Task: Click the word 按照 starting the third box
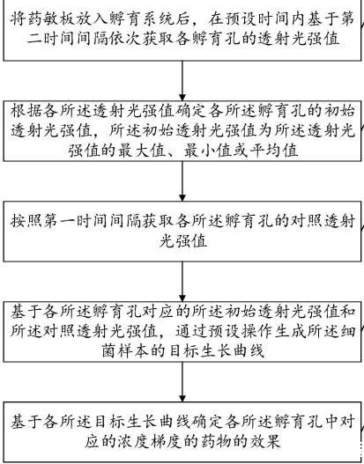click(x=26, y=221)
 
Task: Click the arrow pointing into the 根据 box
click(x=182, y=81)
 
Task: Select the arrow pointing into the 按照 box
click(x=182, y=181)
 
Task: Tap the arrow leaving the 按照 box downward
click(x=182, y=282)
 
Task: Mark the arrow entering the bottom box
click(x=182, y=382)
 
